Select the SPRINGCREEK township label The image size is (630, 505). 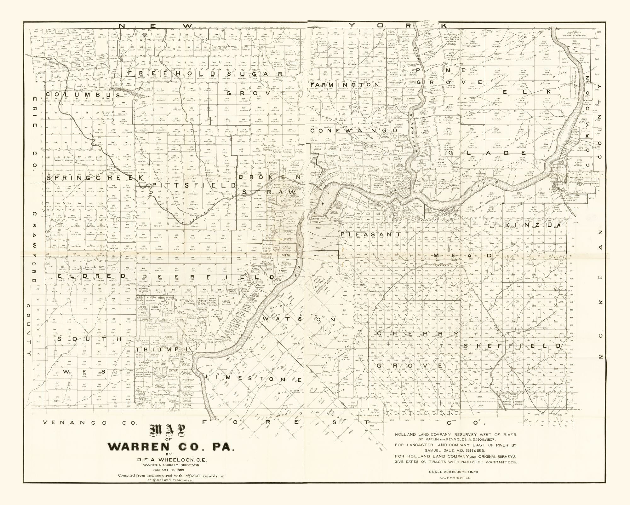click(94, 178)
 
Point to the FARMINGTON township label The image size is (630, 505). click(345, 85)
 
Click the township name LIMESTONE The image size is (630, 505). click(254, 378)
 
